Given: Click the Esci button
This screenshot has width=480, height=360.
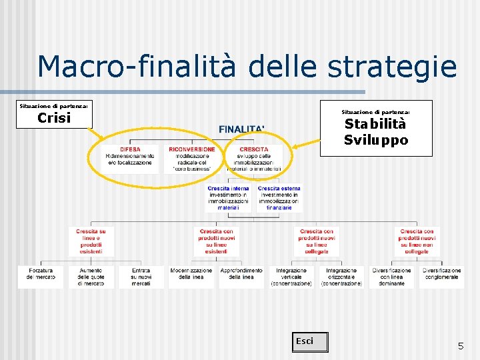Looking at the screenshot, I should tap(311, 342).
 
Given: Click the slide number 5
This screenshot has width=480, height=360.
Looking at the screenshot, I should tap(460, 346).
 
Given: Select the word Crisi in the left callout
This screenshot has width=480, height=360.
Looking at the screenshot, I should tap(54, 118).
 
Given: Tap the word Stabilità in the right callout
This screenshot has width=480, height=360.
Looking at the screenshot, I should tap(375, 125).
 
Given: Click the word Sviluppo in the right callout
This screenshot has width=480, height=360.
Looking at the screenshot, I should tap(375, 140).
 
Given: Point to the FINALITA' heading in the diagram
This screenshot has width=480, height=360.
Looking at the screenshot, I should tap(241, 128).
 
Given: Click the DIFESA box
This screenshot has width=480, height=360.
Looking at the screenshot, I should tap(130, 159).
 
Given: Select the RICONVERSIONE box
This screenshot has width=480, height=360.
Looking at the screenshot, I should tap(192, 159).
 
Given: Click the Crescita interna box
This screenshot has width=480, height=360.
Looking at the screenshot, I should tap(228, 198).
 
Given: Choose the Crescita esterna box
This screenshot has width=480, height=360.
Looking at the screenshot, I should tap(279, 198).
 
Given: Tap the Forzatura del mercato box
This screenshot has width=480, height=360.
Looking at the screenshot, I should tap(40, 277).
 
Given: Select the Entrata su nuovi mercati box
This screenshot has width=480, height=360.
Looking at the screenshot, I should tap(141, 277).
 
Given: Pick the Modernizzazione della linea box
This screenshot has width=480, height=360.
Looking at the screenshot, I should tap(191, 277).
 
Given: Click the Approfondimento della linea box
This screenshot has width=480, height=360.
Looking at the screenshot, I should tap(241, 277).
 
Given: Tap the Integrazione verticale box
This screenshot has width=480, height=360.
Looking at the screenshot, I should tap(291, 277).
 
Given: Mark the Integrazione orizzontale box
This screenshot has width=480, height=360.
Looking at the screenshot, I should tap(341, 277).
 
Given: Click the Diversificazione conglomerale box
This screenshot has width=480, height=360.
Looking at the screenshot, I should tap(441, 277).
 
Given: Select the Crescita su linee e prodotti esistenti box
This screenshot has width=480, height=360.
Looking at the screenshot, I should tap(91, 241).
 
